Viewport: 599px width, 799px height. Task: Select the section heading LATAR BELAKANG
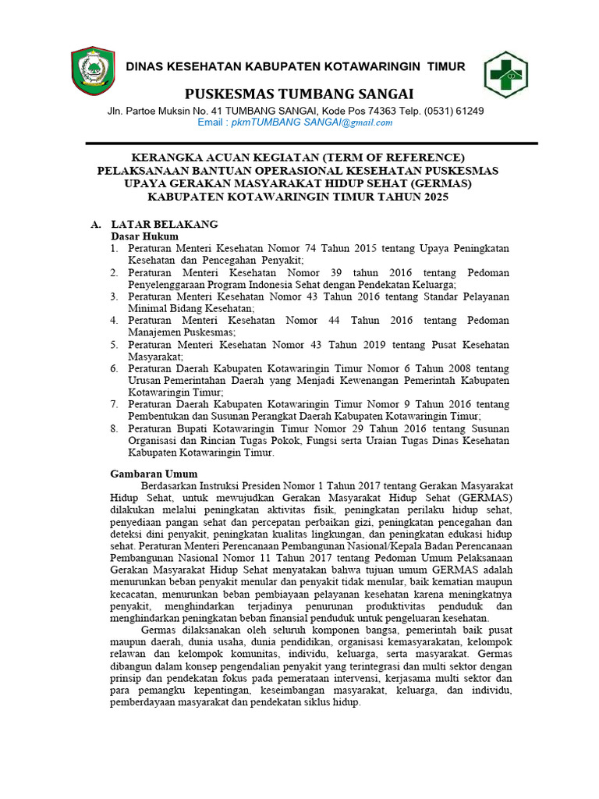coord(164,224)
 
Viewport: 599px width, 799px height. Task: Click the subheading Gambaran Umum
coord(154,474)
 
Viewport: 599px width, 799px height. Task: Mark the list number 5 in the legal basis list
coord(114,344)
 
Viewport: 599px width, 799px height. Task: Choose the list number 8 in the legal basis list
coord(114,428)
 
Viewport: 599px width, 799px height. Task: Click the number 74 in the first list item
coord(307,248)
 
